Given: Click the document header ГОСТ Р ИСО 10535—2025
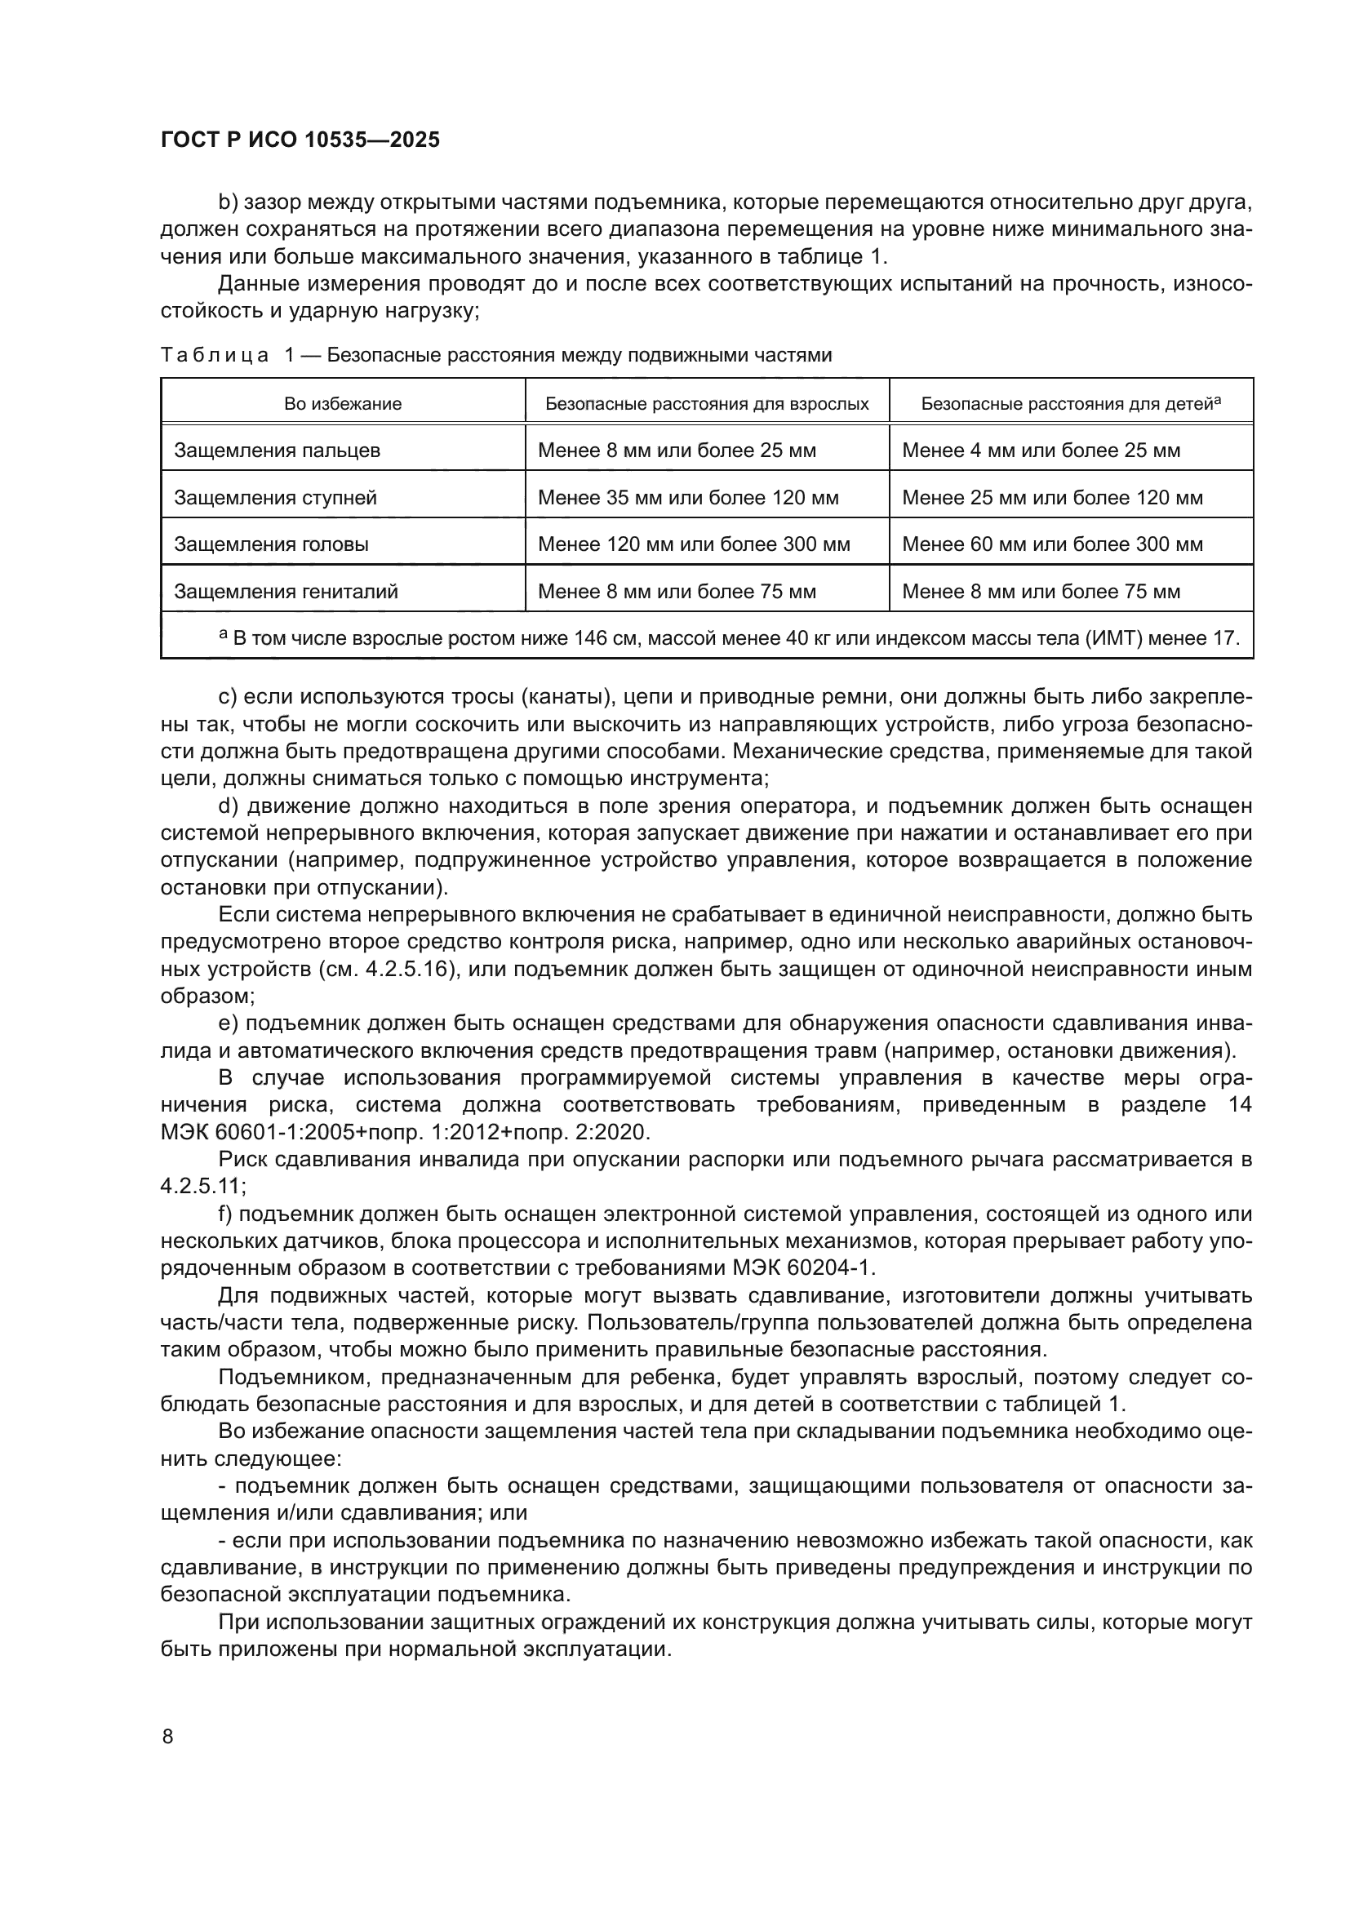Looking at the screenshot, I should pyautogui.click(x=300, y=140).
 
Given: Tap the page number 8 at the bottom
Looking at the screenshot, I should pyautogui.click(x=168, y=1737).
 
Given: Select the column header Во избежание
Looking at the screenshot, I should pyautogui.click(x=343, y=404).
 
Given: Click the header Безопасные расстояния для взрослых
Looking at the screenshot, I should pyautogui.click(x=707, y=404).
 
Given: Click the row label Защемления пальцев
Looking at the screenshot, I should pyautogui.click(x=277, y=451).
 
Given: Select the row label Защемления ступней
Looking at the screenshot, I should pyautogui.click(x=275, y=498).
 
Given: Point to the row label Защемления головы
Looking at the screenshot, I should pyautogui.click(x=271, y=544).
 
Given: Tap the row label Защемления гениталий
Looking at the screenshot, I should pyautogui.click(x=286, y=592).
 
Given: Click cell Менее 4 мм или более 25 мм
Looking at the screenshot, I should pyautogui.click(x=1041, y=451).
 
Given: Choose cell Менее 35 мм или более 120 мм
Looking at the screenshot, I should pyautogui.click(x=688, y=498).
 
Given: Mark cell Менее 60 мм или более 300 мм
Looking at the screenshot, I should pyautogui.click(x=1052, y=544).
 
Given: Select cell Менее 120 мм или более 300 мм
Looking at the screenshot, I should pyautogui.click(x=694, y=544).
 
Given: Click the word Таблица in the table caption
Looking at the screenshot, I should pyautogui.click(x=215, y=356).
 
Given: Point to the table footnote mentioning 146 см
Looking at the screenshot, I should pyautogui.click(x=728, y=638).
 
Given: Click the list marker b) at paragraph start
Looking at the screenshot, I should pyautogui.click(x=228, y=203).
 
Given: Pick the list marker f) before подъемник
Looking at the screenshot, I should pyautogui.click(x=226, y=1214).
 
